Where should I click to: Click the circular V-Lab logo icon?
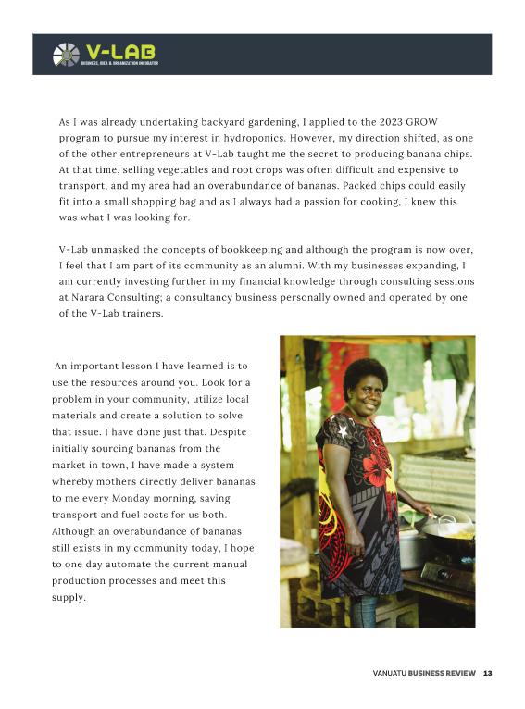coord(67,55)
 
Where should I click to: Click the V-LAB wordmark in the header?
coord(119,50)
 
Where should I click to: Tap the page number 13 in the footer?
coord(487,673)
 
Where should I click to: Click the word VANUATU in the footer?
coord(392,673)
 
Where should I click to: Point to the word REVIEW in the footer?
coord(459,673)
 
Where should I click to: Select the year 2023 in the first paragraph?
coord(407,122)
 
